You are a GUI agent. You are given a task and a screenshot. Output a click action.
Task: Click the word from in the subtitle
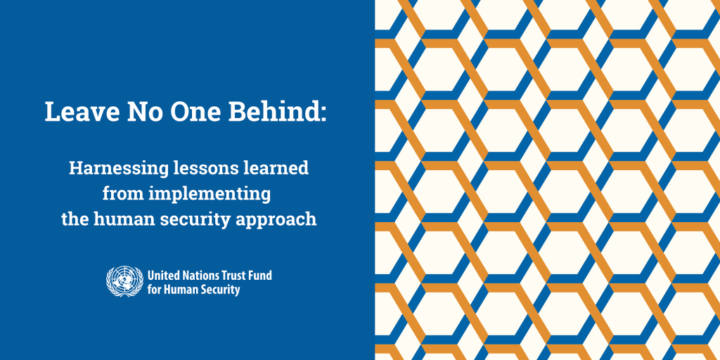tap(120, 193)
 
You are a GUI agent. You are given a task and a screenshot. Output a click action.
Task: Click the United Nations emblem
tap(124, 281)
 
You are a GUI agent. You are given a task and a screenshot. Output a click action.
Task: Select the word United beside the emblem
tap(163, 275)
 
